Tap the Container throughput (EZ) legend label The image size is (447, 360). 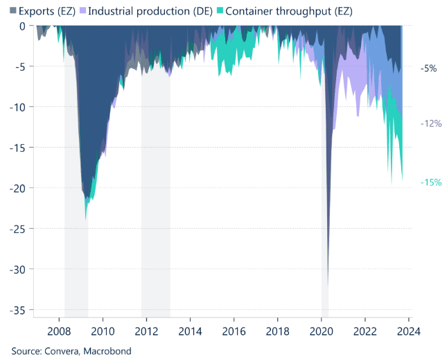click(x=277, y=11)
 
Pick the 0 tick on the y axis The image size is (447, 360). click(x=22, y=26)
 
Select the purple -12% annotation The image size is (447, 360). click(x=430, y=123)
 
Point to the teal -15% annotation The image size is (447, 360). click(x=430, y=182)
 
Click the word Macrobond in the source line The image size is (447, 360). click(x=107, y=351)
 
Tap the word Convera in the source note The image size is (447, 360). click(x=61, y=351)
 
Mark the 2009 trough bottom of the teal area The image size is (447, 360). click(x=86, y=217)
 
